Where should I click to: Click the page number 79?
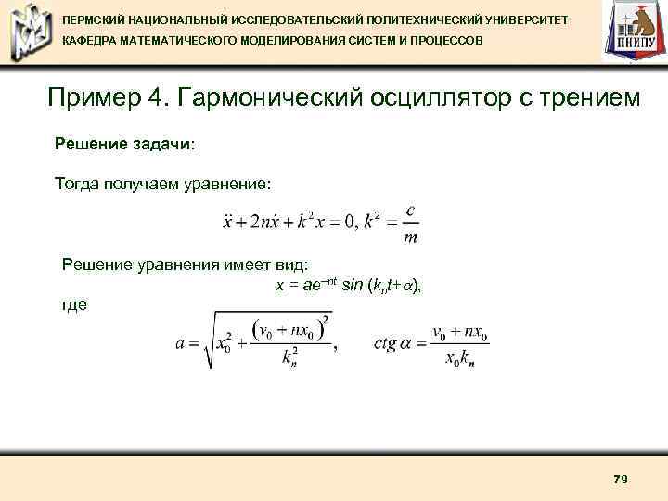[x=621, y=479]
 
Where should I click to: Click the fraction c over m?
[x=410, y=224]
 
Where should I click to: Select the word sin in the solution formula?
[x=353, y=286]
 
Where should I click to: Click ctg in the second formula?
[x=385, y=343]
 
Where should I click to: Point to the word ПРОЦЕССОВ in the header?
[x=446, y=42]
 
